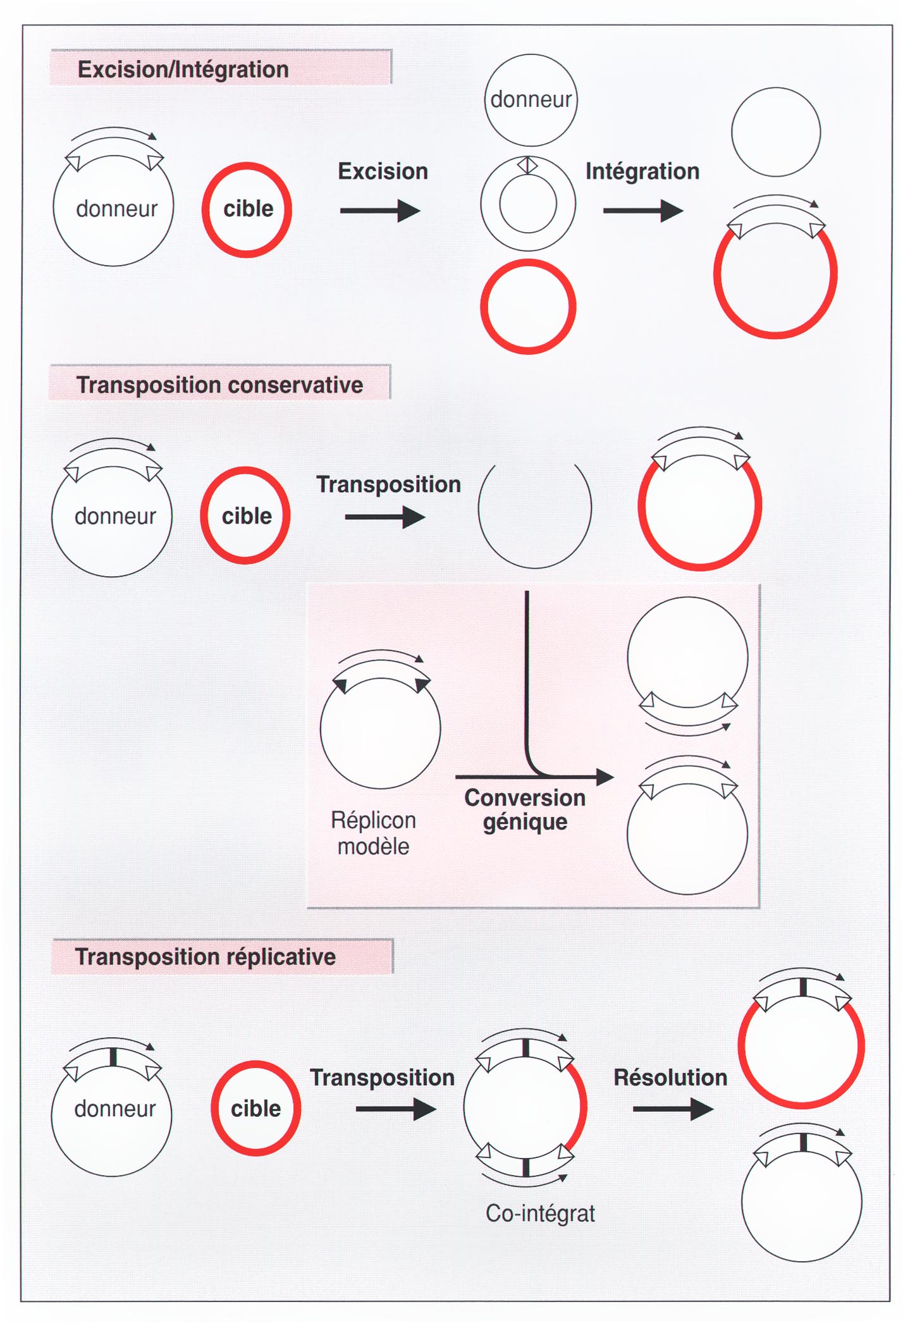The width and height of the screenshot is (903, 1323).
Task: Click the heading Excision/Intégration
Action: (183, 70)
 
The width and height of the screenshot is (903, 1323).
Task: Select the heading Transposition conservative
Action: (219, 385)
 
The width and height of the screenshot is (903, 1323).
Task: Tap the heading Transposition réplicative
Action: (206, 957)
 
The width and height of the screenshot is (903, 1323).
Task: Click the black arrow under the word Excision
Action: (380, 211)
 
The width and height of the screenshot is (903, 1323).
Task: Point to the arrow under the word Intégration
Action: (643, 211)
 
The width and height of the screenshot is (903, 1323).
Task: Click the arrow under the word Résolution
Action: (673, 1109)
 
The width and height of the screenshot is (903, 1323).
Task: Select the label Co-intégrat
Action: (540, 1213)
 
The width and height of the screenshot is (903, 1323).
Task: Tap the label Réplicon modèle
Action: (373, 833)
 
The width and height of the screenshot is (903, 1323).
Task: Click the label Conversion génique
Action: (525, 809)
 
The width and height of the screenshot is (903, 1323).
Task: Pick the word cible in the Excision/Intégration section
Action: (248, 209)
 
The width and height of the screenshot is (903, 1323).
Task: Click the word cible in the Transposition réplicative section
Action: (255, 1109)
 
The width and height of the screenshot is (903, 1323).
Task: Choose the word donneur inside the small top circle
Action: (531, 99)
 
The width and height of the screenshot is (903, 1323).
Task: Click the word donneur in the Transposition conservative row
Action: (115, 516)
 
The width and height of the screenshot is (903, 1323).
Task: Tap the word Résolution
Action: (670, 1077)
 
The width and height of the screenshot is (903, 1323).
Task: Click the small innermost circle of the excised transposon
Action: (528, 204)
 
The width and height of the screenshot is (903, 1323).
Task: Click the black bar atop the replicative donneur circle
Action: (113, 1057)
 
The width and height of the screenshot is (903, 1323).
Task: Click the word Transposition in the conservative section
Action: (388, 484)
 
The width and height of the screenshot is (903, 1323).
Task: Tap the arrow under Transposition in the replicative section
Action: (396, 1109)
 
